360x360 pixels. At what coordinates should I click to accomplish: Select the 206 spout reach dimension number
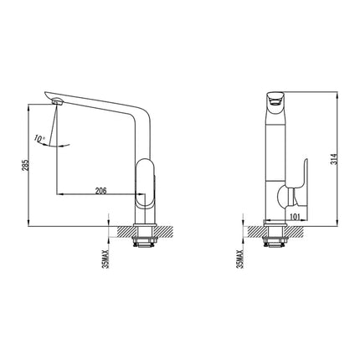[100, 191]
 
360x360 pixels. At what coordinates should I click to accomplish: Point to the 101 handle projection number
[296, 217]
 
